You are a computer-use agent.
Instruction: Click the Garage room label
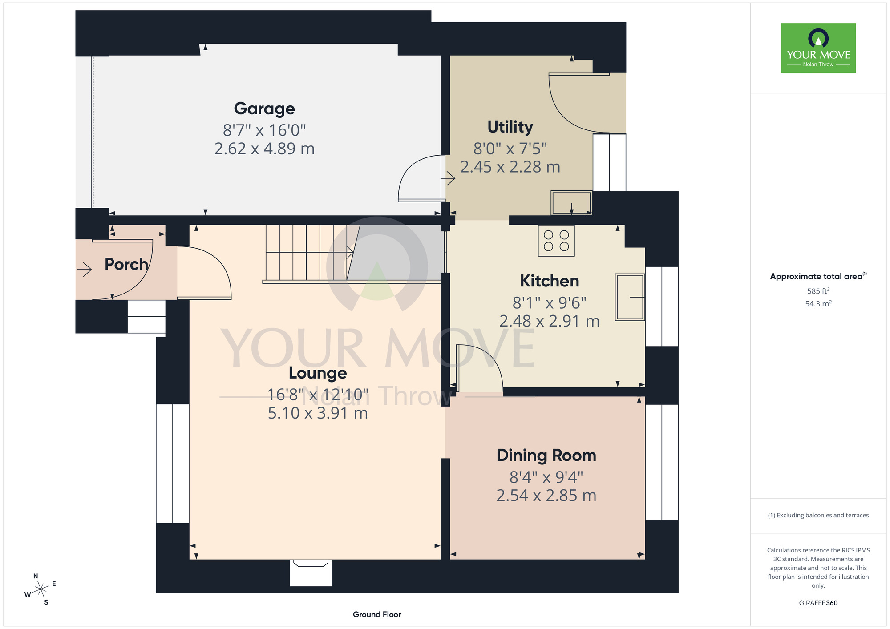[x=264, y=109]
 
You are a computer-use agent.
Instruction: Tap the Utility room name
[x=510, y=127]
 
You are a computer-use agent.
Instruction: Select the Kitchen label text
[x=550, y=281]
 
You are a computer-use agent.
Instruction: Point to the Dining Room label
[x=546, y=456]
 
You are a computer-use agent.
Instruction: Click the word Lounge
[x=318, y=373]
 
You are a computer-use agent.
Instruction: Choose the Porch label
[x=126, y=264]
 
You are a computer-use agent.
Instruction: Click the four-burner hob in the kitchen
[x=556, y=241]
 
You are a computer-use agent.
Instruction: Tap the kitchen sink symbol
[x=630, y=297]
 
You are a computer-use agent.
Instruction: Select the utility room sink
[x=572, y=203]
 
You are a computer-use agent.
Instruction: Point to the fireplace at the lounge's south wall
[x=311, y=573]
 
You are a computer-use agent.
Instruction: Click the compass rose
[x=40, y=589]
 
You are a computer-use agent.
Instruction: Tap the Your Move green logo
[x=818, y=48]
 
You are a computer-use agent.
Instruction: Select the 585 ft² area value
[x=818, y=291]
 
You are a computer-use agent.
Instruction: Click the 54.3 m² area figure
[x=818, y=304]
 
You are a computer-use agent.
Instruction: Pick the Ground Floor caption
[x=377, y=614]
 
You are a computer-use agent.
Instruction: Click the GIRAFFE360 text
[x=818, y=603]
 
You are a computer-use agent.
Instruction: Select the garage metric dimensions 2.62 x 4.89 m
[x=264, y=149]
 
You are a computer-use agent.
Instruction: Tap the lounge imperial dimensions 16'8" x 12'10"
[x=318, y=395]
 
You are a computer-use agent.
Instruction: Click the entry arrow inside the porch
[x=84, y=269]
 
